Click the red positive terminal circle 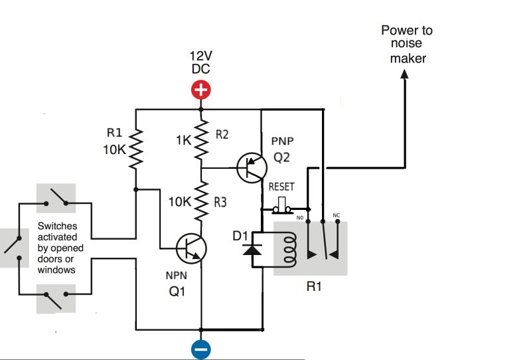(x=200, y=90)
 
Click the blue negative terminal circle (x=200, y=348)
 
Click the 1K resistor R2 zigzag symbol (x=200, y=139)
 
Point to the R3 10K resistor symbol (x=200, y=201)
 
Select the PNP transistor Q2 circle (x=251, y=167)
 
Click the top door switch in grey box (x=56, y=197)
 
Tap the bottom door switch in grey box (x=56, y=298)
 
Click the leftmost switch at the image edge (x=11, y=248)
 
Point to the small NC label (x=336, y=216)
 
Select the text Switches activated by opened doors (x=57, y=248)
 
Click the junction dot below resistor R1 (x=135, y=190)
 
